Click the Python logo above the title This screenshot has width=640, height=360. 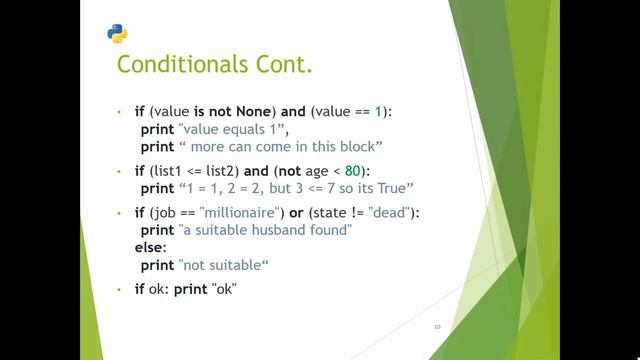point(117,33)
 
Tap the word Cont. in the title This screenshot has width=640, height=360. point(286,65)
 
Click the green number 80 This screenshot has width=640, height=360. point(353,170)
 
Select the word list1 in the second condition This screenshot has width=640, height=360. point(173,170)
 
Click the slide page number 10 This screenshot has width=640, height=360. point(437,326)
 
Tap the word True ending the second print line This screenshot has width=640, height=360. point(395,188)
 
